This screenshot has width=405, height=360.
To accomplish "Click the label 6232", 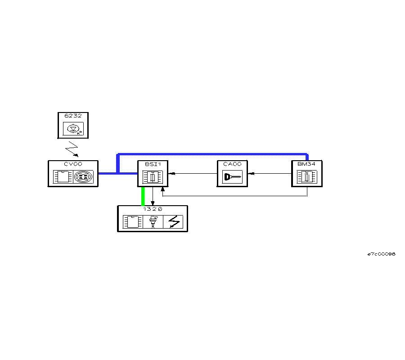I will pos(73,116).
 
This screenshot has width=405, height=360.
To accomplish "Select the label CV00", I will pos(73,164).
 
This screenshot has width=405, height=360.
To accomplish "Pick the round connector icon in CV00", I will pos(83,176).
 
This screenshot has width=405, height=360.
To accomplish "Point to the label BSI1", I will pos(153,164).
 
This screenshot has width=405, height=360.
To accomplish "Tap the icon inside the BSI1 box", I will pos(153,177).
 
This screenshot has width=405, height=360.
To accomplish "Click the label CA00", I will pos(232,164).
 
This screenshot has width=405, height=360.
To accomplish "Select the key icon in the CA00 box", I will pos(233,177).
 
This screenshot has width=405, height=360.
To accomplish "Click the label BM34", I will pos(306,164).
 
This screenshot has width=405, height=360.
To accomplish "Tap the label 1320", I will pos(153,209).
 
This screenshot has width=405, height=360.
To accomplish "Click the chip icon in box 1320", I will pos(132,222).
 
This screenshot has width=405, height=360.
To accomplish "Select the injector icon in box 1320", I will pos(153,222).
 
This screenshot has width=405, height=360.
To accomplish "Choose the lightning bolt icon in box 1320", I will pos(174,222).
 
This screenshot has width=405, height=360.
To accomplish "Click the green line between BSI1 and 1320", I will pos(143,196).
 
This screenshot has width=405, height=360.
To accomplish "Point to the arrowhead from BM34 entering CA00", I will pos(250,173).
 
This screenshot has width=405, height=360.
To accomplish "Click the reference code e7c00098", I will pos(381,254).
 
